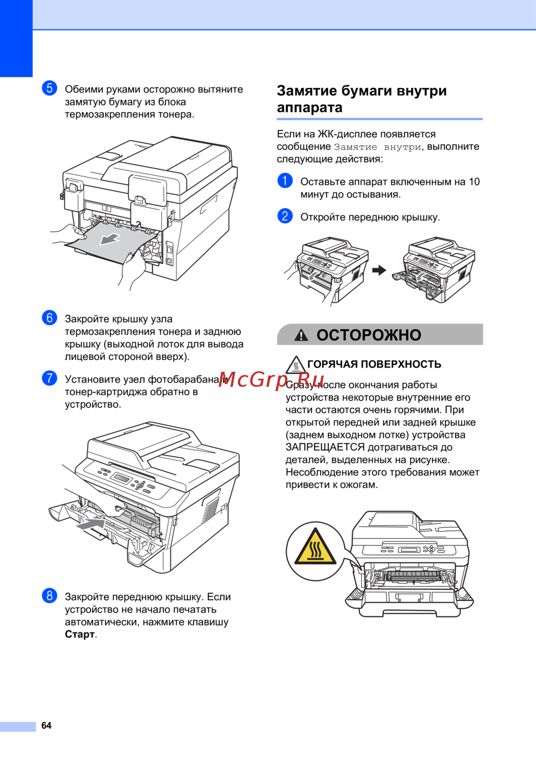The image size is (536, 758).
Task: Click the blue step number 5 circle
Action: pyautogui.click(x=49, y=89)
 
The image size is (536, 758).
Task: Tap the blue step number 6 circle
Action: pyautogui.click(x=49, y=318)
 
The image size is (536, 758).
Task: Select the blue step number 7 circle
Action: pyautogui.click(x=49, y=378)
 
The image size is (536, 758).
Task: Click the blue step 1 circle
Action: pyautogui.click(x=285, y=181)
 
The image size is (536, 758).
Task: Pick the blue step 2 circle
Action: pyautogui.click(x=285, y=216)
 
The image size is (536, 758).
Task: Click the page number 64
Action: pyautogui.click(x=46, y=725)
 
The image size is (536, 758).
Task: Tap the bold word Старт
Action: pyautogui.click(x=80, y=634)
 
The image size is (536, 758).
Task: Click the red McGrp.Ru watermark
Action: pyautogui.click(x=271, y=380)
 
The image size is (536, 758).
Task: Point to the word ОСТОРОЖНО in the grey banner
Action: pyautogui.click(x=369, y=335)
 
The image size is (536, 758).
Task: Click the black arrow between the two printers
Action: pyautogui.click(x=379, y=270)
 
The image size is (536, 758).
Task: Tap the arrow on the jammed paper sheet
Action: pyautogui.click(x=109, y=239)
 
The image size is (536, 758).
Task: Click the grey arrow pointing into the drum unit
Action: pyautogui.click(x=91, y=524)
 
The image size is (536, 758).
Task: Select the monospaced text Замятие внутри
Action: pyautogui.click(x=377, y=147)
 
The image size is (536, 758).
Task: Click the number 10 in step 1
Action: pyautogui.click(x=474, y=182)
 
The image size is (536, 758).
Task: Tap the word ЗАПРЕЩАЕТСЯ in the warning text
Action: pyautogui.click(x=325, y=447)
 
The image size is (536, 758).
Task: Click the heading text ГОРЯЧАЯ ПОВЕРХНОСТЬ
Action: pyautogui.click(x=374, y=364)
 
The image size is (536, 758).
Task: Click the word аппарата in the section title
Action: pyautogui.click(x=309, y=108)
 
